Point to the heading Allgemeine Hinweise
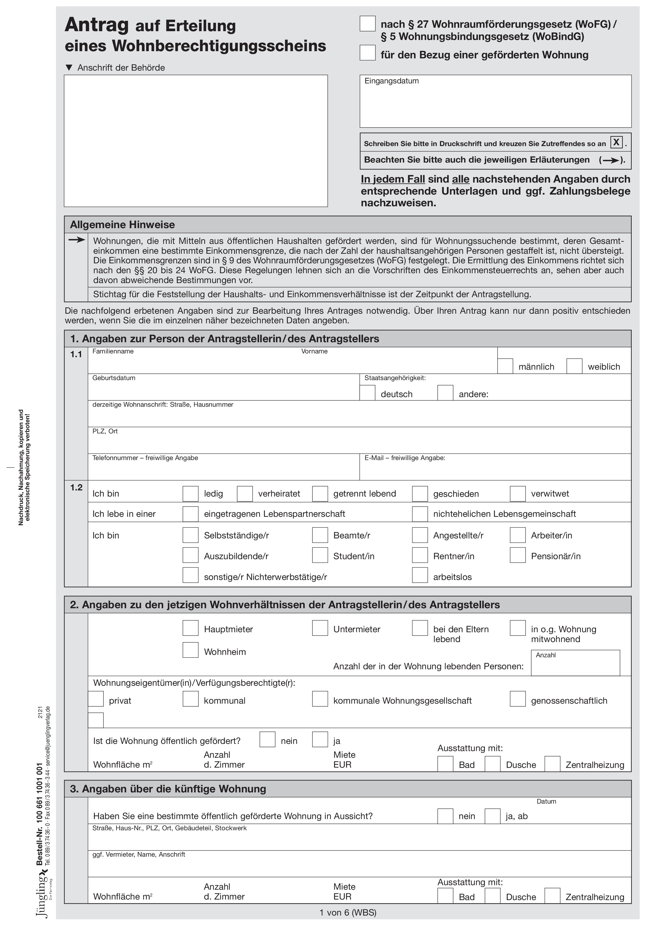click(123, 225)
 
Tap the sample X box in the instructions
click(616, 142)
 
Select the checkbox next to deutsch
click(367, 393)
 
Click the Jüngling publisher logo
click(42, 896)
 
